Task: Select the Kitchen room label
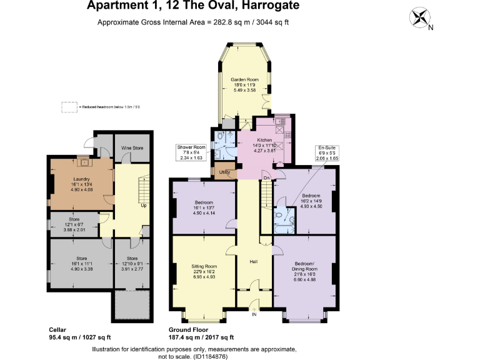(x=262, y=145)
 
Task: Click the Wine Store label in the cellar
(x=131, y=148)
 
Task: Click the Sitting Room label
(x=203, y=271)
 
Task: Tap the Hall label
(x=254, y=262)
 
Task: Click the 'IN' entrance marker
(x=254, y=314)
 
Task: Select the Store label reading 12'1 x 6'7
(x=74, y=224)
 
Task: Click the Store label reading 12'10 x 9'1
(x=132, y=263)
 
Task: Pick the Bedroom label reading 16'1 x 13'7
(x=203, y=207)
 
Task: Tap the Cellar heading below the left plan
(x=58, y=329)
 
